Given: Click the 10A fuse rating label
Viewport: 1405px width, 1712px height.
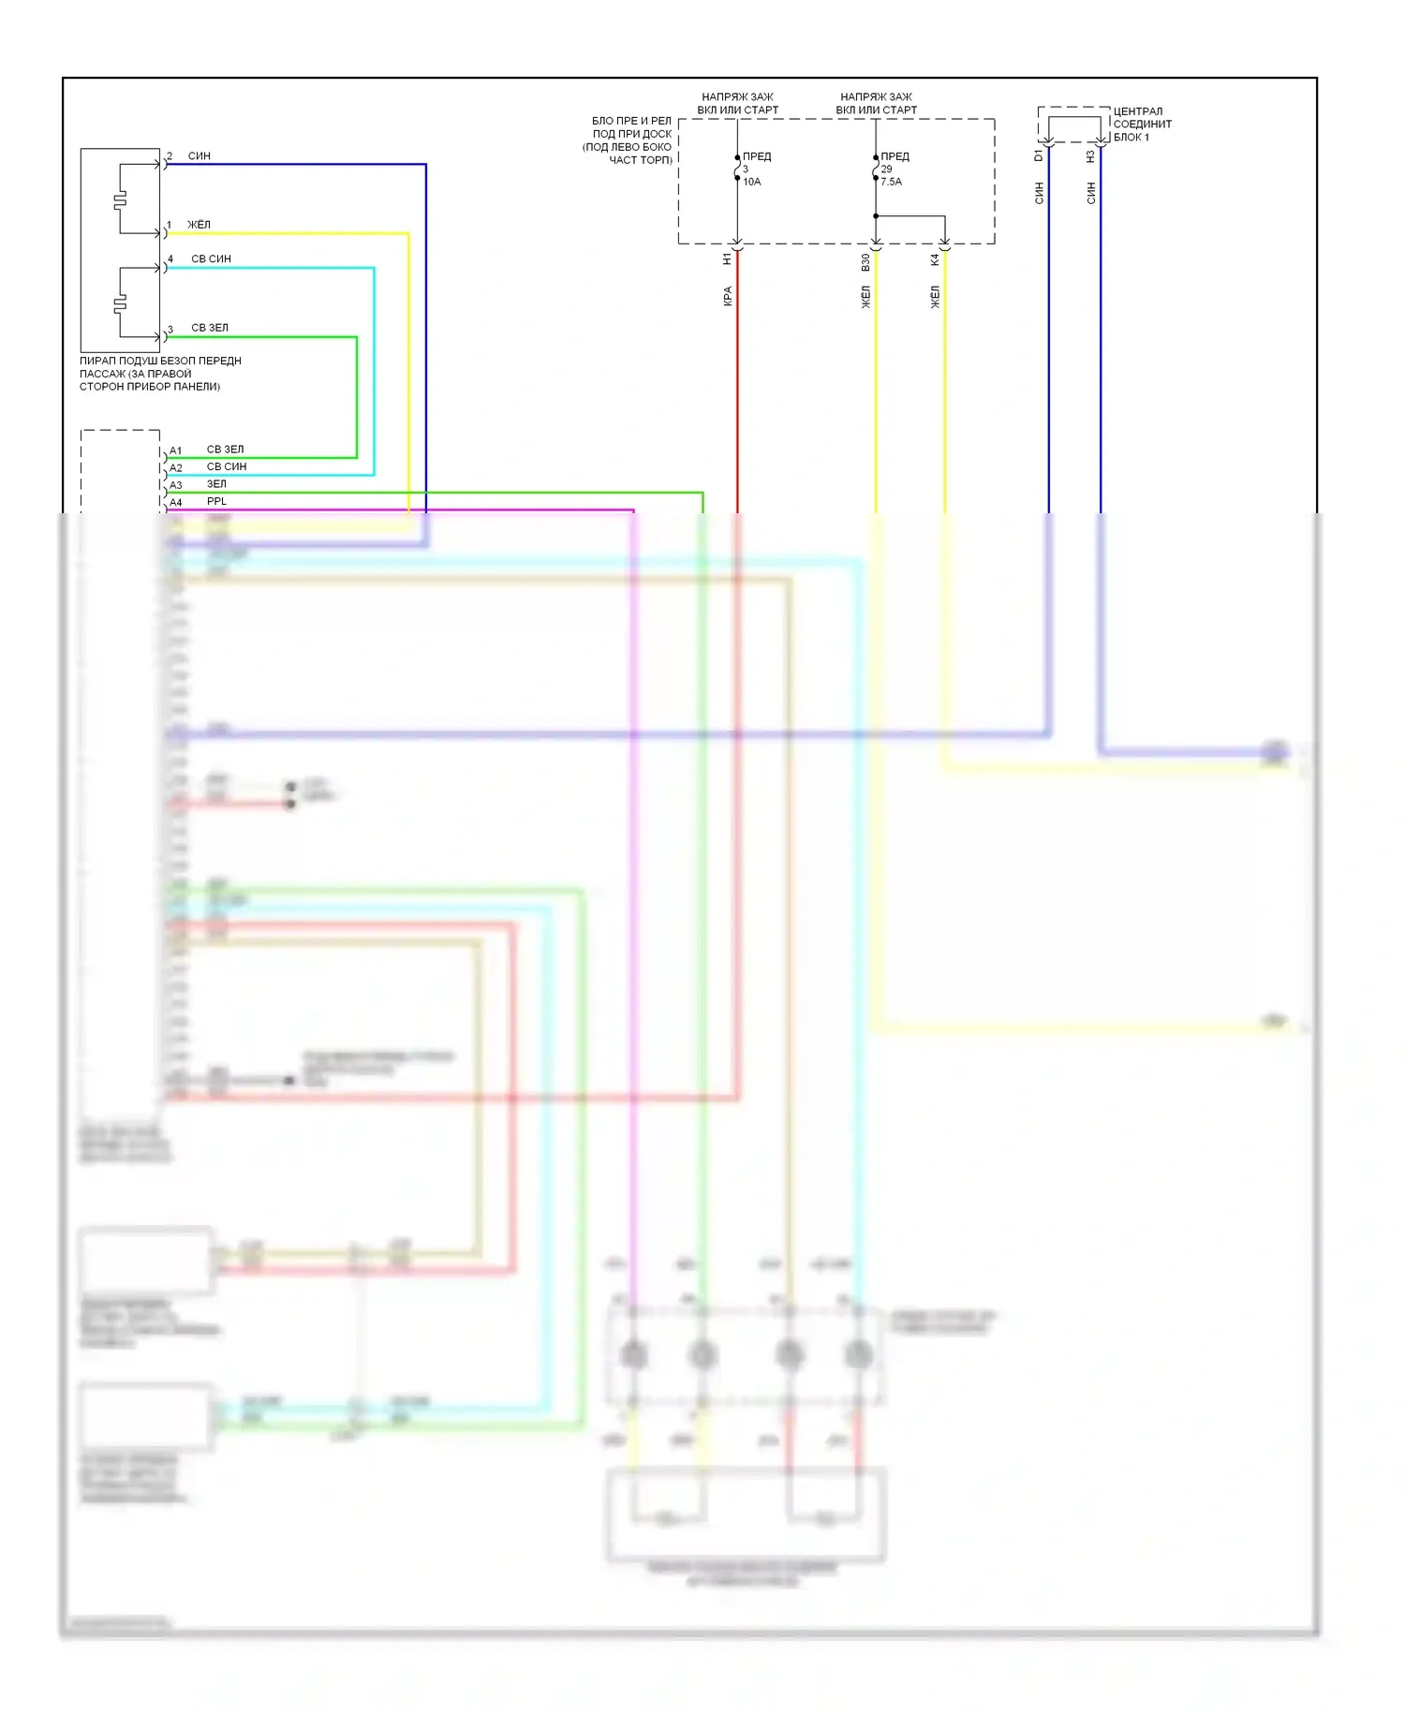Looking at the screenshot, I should (751, 182).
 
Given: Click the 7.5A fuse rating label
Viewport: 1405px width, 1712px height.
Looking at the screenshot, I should (891, 182).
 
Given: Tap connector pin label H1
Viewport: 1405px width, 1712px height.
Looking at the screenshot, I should (727, 259).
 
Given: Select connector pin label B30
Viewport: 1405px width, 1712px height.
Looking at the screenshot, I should (865, 262).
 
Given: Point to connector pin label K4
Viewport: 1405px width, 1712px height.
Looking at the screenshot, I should (934, 259).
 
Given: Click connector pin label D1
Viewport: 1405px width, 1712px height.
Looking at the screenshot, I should (1038, 155).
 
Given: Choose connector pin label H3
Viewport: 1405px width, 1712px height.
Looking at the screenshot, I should (1090, 156).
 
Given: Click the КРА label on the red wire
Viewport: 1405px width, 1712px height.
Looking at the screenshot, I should (727, 297).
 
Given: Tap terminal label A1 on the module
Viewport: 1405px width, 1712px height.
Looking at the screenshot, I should (175, 450).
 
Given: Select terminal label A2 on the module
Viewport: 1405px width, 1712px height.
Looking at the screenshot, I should (175, 468).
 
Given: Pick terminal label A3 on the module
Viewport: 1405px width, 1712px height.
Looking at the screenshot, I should (175, 485).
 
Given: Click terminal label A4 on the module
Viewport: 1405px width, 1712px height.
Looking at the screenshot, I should (175, 503).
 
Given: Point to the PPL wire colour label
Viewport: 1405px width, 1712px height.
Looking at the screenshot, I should (216, 501).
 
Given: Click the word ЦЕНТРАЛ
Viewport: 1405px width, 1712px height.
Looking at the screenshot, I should (1137, 111).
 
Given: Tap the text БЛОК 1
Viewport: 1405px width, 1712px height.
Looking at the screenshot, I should (1131, 138).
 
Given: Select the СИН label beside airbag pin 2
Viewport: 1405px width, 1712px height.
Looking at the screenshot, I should (199, 156).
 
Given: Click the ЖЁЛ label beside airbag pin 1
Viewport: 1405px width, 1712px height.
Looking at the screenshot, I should (199, 225).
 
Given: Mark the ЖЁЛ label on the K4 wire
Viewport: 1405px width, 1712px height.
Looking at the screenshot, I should (934, 298).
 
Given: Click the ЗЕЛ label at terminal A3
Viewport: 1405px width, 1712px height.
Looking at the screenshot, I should (216, 484).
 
